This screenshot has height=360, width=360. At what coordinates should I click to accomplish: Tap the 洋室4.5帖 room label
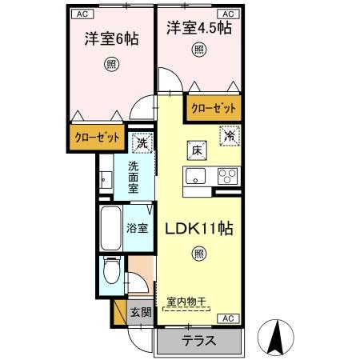(199, 29)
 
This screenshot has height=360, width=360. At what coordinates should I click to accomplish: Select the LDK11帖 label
(198, 229)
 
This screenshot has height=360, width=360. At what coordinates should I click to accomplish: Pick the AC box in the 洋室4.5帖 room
(226, 14)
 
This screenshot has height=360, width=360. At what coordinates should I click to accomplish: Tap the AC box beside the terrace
(226, 318)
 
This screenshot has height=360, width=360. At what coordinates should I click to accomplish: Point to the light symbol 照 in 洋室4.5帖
(198, 50)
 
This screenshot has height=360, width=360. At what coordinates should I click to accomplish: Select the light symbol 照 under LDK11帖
(198, 254)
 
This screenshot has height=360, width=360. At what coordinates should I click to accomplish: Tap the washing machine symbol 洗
(141, 143)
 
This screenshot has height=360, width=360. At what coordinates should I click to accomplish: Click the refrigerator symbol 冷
(229, 137)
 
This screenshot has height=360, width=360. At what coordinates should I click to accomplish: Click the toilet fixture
(114, 274)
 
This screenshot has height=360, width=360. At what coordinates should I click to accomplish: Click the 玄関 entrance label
(140, 310)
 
